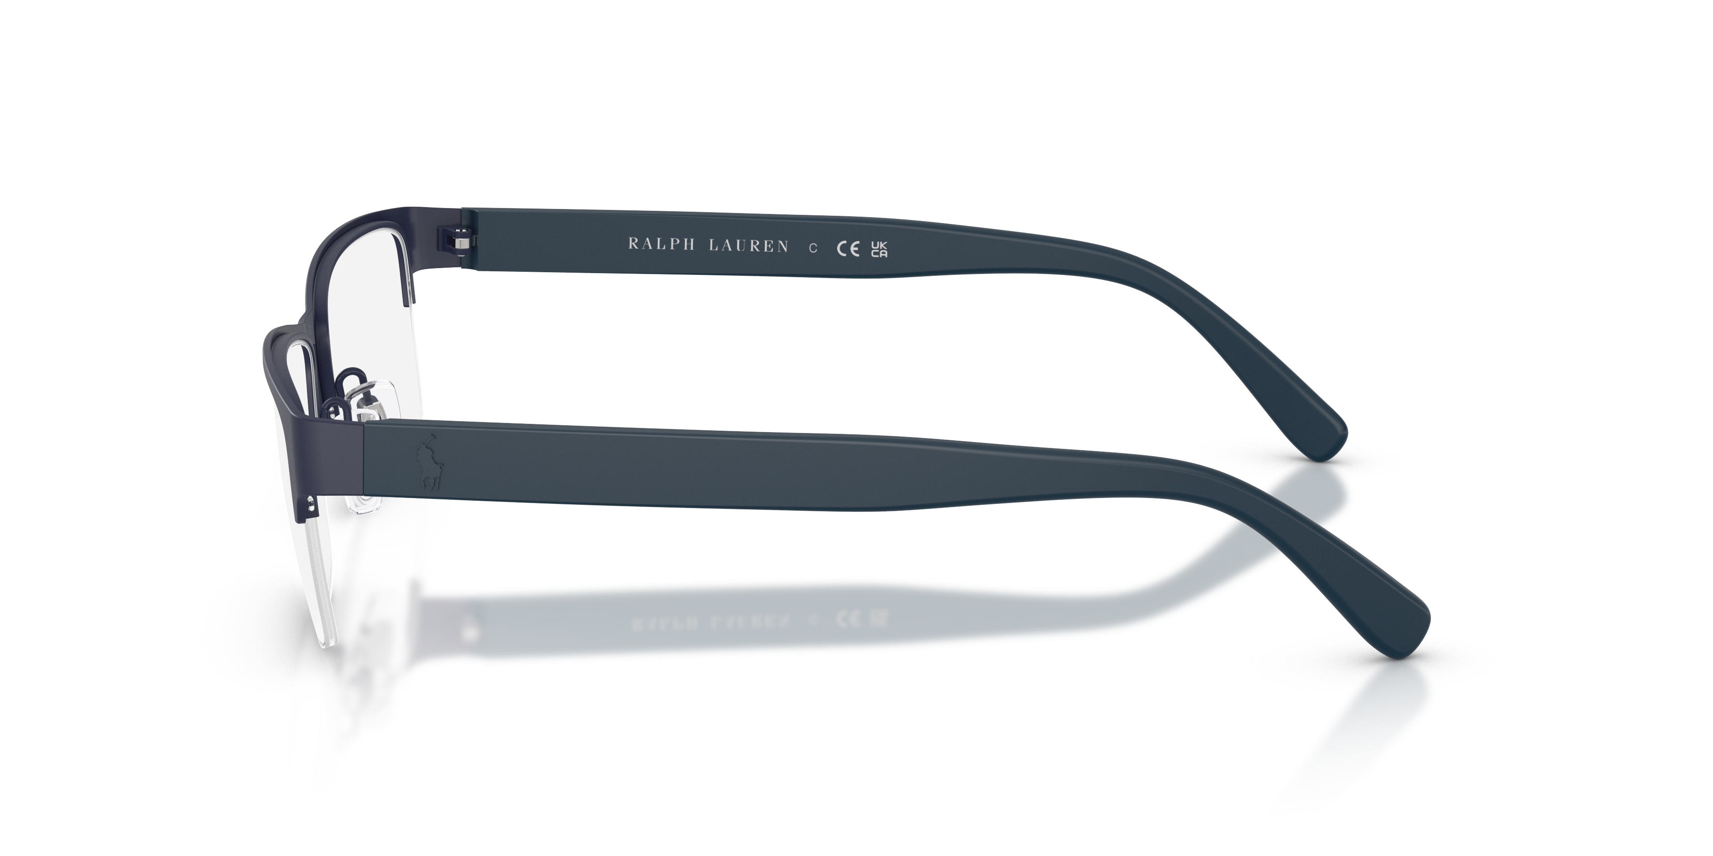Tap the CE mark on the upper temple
click(x=845, y=249)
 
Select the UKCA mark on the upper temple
click(x=879, y=250)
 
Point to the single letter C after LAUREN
click(x=812, y=249)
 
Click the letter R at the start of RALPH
click(x=634, y=244)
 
